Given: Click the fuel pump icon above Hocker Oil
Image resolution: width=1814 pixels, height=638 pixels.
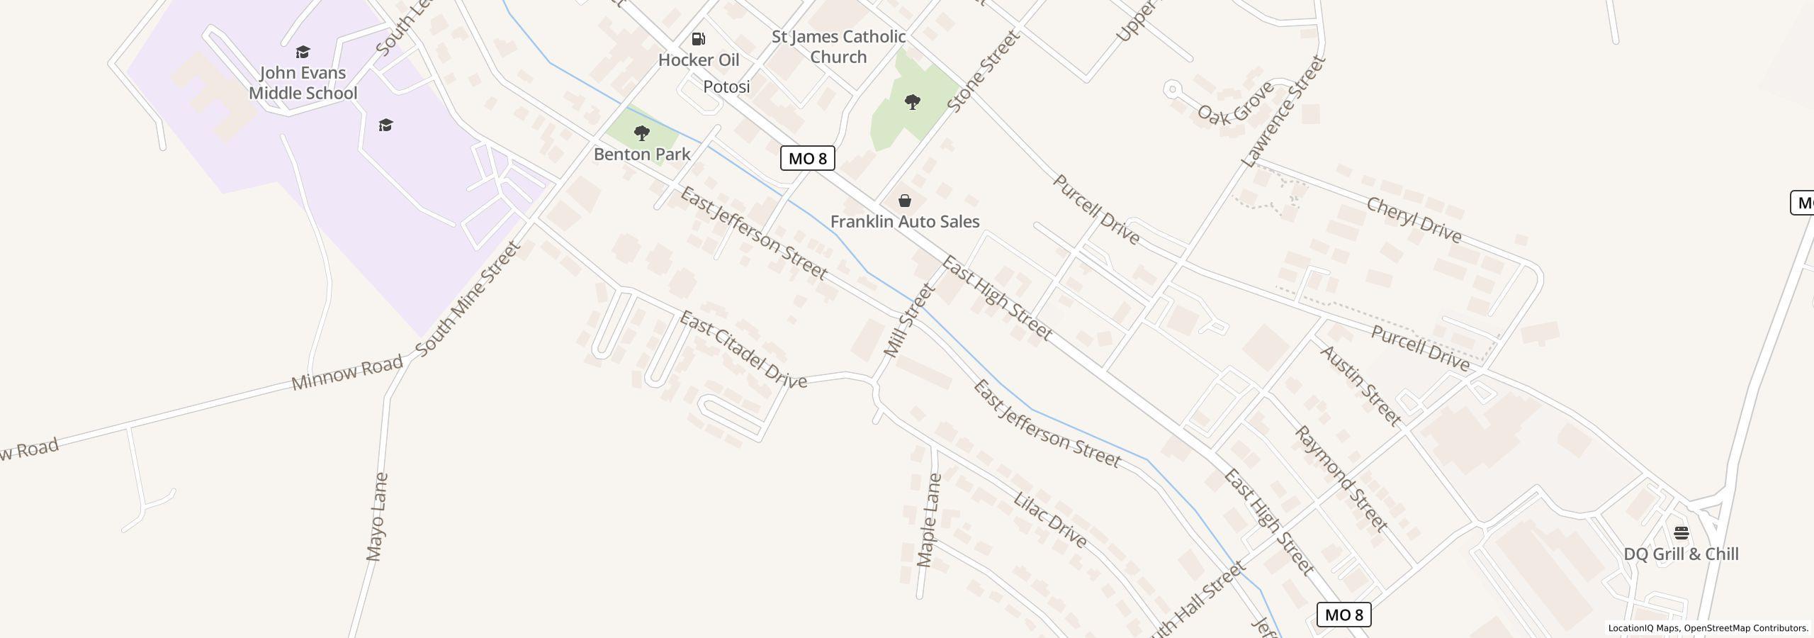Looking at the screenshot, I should point(698,39).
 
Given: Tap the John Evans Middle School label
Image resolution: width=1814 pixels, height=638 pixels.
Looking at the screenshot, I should point(303,82).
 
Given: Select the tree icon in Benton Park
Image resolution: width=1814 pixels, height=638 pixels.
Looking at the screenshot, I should point(642,133).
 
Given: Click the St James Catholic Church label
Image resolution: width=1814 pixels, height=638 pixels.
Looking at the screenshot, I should point(838,47).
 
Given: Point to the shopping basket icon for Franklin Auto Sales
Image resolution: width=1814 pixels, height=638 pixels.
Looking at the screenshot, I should point(905,201).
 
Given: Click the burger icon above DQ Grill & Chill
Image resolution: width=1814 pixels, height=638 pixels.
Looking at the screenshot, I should point(1681,532).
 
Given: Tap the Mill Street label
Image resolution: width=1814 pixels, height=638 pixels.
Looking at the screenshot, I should point(910,320).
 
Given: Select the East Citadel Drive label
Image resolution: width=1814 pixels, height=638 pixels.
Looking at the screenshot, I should point(743,349).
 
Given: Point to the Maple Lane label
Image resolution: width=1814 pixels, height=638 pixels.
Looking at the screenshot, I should point(929,520).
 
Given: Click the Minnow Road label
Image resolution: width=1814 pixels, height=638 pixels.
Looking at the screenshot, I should point(347,373).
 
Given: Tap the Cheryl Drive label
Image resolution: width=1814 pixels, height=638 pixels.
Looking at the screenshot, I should point(1413,220).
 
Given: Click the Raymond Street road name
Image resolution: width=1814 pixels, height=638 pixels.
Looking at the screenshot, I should point(1341,478).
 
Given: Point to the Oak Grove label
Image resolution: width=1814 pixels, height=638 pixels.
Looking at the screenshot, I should point(1234,103).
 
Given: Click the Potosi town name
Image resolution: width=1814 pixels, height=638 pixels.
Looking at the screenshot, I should point(726,86).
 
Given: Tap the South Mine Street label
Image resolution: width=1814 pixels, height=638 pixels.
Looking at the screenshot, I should point(468,298).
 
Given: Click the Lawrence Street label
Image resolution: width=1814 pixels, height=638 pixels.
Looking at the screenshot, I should point(1283,111).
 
